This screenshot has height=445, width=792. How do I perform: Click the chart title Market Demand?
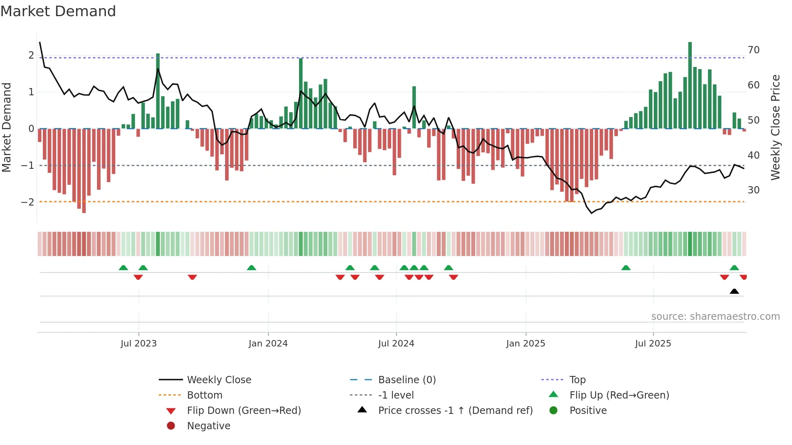coord(58,11)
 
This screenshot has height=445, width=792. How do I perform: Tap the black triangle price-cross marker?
coord(734,291)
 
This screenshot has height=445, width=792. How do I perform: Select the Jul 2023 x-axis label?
coord(139,344)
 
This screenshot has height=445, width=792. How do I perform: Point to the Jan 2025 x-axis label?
coord(525,344)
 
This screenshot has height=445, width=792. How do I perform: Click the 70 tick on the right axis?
coord(754,50)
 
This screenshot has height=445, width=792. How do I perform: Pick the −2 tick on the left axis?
coord(27,202)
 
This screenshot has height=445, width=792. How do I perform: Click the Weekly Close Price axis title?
coord(775,127)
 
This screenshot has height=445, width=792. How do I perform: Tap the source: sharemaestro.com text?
coord(715,317)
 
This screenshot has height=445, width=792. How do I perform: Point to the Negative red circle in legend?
coord(171,426)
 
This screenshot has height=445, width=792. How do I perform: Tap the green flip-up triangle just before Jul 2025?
coord(626,268)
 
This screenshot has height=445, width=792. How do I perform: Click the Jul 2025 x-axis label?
coord(653,344)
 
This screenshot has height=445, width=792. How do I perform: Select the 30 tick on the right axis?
coord(754,190)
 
